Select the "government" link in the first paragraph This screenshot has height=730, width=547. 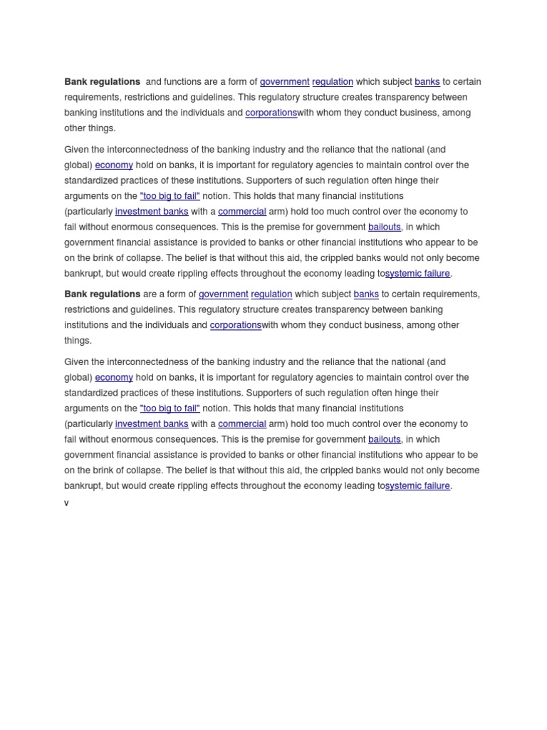pyautogui.click(x=285, y=82)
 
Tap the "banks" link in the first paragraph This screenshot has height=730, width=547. pyautogui.click(x=427, y=82)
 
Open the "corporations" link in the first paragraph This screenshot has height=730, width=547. pyautogui.click(x=271, y=113)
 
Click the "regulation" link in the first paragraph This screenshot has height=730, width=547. pyautogui.click(x=333, y=82)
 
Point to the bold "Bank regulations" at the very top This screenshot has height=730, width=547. pyautogui.click(x=103, y=82)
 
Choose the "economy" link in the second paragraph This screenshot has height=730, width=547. pyautogui.click(x=114, y=165)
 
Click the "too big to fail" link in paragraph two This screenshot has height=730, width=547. pyautogui.click(x=170, y=196)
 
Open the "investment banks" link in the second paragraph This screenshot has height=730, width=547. pyautogui.click(x=152, y=212)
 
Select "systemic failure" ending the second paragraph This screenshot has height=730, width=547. pyautogui.click(x=418, y=274)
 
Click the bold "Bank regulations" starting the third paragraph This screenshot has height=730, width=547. pyautogui.click(x=103, y=294)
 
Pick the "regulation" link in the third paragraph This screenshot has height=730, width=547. pyautogui.click(x=271, y=294)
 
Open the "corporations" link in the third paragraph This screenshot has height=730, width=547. pyautogui.click(x=236, y=325)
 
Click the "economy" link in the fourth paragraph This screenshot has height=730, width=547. pyautogui.click(x=114, y=378)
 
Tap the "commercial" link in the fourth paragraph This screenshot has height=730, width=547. pyautogui.click(x=242, y=424)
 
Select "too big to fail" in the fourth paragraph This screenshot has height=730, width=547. pyautogui.click(x=170, y=408)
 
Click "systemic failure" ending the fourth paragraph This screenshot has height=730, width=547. pyautogui.click(x=418, y=486)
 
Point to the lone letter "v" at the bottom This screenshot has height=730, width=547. pyautogui.click(x=67, y=503)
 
